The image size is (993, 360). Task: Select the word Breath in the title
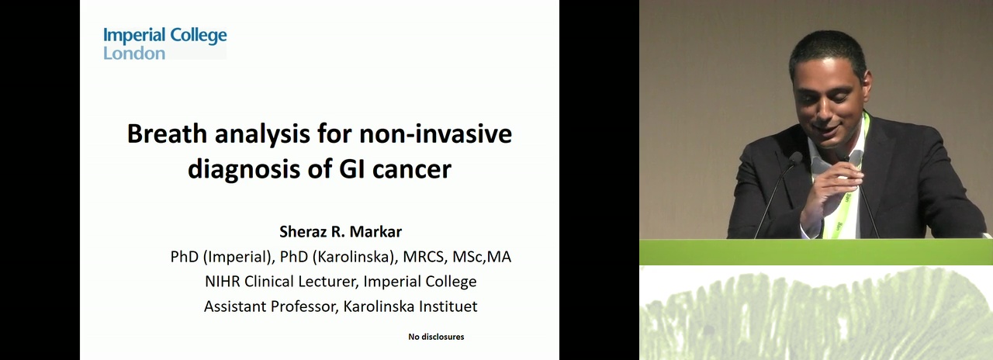click(x=167, y=133)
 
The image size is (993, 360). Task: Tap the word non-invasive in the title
click(x=436, y=133)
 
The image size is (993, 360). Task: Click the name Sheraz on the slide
click(x=303, y=231)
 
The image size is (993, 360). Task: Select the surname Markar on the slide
click(x=375, y=231)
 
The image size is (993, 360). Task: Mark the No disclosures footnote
click(x=436, y=337)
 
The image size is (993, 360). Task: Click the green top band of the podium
click(x=815, y=252)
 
